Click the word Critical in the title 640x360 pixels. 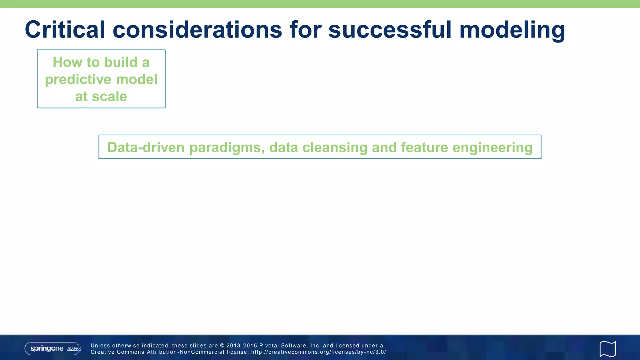click(x=65, y=30)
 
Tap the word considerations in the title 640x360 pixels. click(x=197, y=30)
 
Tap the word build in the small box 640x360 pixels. click(x=121, y=62)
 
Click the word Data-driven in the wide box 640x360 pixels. click(x=146, y=147)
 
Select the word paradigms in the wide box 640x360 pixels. click(x=227, y=147)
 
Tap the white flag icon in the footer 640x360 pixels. click(x=607, y=349)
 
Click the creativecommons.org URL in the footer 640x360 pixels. click(x=318, y=352)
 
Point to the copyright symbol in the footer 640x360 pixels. click(x=222, y=346)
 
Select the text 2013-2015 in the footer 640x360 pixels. click(x=241, y=346)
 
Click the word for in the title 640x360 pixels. click(x=305, y=30)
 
